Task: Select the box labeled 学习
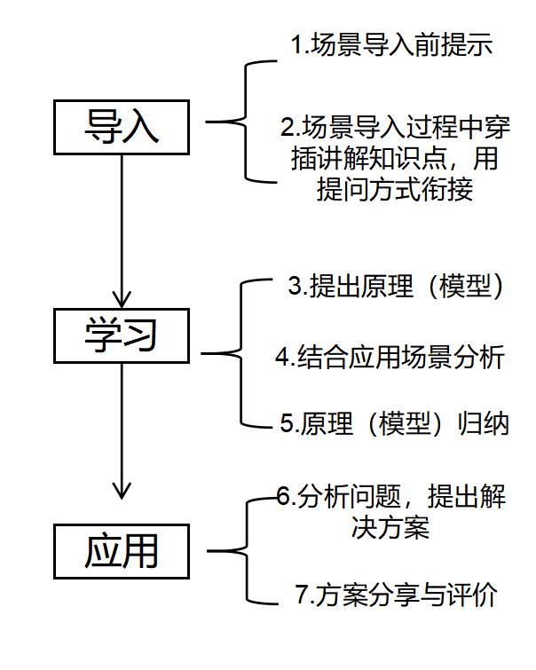[x=121, y=335]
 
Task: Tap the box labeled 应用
[x=121, y=550]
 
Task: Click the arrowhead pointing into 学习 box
[x=121, y=297]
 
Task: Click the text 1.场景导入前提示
[x=391, y=47]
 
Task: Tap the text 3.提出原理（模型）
[x=398, y=287]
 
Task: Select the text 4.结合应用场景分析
[x=390, y=357]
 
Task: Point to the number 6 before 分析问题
[x=283, y=497]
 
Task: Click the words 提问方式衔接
[x=394, y=190]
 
